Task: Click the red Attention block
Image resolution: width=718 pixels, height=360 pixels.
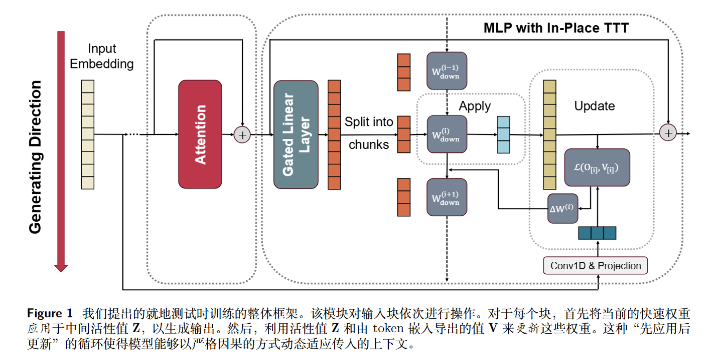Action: (200, 134)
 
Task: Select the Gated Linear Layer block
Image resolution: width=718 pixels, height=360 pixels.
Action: (296, 134)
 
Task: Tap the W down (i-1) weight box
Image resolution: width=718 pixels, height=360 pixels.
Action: (447, 70)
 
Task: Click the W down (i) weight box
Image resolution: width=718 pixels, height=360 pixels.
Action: (447, 134)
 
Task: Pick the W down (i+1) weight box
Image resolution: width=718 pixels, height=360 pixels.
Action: (447, 197)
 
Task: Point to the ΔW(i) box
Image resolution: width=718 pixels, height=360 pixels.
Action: (563, 208)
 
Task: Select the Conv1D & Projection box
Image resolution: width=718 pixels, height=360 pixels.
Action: (596, 266)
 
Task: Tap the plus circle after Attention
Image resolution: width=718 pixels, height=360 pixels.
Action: (242, 134)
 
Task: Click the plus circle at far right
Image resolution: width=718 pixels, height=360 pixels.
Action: (668, 133)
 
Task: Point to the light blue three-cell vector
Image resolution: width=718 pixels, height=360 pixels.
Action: (504, 134)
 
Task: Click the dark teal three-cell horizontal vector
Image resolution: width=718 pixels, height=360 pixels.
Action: (597, 233)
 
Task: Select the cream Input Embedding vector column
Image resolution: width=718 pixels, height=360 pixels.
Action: (88, 134)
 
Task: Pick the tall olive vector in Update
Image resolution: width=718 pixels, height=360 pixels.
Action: (549, 134)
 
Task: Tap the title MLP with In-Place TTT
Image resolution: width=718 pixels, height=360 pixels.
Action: (556, 28)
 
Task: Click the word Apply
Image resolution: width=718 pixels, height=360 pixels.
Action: (475, 106)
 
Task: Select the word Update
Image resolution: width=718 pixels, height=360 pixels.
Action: (594, 106)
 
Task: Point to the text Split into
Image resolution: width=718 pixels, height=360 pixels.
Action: (369, 122)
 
